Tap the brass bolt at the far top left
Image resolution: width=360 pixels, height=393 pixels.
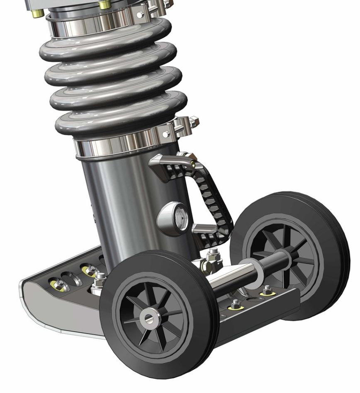pos(36,13)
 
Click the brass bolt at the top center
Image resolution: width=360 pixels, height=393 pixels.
pos(105,5)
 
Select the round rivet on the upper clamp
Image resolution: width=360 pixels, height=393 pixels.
pos(140,15)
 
